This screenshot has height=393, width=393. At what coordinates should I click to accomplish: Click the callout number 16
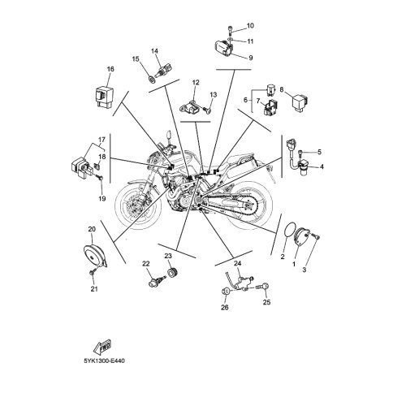coord(110,69)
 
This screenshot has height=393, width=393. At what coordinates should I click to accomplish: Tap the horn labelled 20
coord(95,255)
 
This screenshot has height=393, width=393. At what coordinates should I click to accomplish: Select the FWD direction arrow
coord(101,348)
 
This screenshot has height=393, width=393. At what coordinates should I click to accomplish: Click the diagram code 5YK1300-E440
coord(105,361)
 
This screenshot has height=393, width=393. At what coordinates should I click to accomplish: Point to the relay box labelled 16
coord(103,97)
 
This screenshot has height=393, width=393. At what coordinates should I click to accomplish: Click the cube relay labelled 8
coord(300,102)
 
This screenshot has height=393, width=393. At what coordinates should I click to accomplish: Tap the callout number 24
coord(237,263)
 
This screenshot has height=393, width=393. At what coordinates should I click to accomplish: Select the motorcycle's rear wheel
coord(248,205)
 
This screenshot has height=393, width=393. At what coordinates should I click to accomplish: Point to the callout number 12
coord(196,82)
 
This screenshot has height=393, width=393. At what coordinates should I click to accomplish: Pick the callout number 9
coord(251,58)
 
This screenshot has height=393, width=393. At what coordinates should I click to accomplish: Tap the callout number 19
coord(102,199)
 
